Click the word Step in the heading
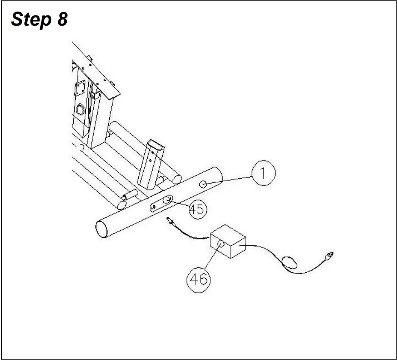pyautogui.click(x=31, y=20)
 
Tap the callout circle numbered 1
pyautogui.click(x=263, y=173)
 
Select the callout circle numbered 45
pyautogui.click(x=197, y=210)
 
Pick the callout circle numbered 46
pyautogui.click(x=198, y=279)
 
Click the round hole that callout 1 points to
pyautogui.click(x=203, y=184)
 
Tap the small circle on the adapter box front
pyautogui.click(x=221, y=244)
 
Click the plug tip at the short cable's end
pyautogui.click(x=169, y=221)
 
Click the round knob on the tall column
pyautogui.click(x=80, y=110)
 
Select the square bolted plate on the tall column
pyautogui.click(x=81, y=89)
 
